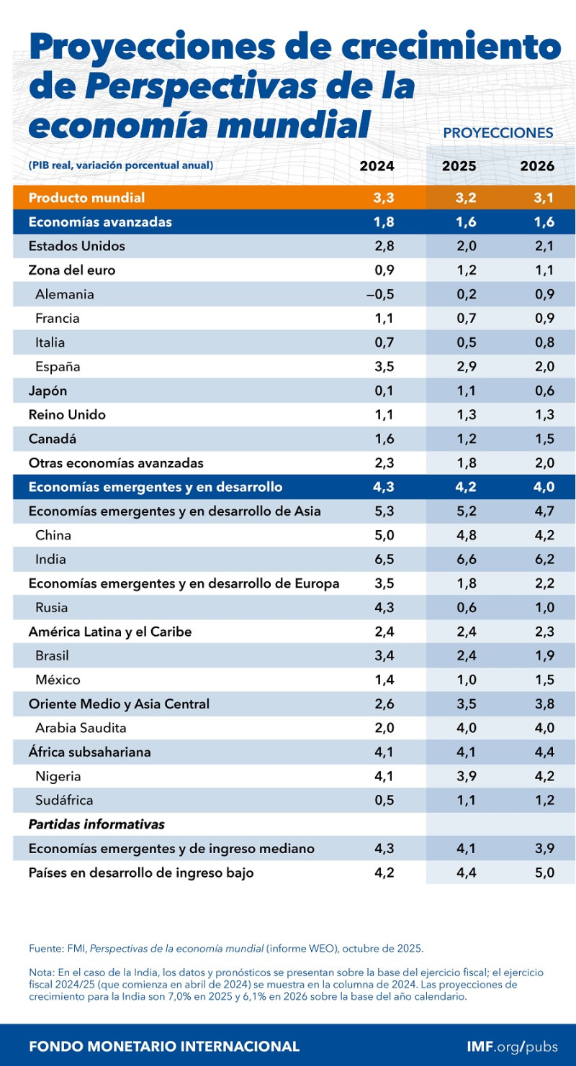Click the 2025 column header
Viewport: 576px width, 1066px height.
(459, 165)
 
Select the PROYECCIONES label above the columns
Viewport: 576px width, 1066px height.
(498, 133)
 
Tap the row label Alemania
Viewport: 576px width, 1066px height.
(65, 294)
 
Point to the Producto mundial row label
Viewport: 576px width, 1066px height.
(86, 198)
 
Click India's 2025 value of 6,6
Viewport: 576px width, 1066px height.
(466, 560)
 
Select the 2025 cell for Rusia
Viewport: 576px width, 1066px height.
(466, 608)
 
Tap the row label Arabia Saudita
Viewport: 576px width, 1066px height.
(81, 728)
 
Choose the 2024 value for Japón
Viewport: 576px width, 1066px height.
(384, 391)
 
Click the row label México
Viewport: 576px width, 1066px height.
(58, 680)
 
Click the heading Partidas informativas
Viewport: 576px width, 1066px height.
(96, 824)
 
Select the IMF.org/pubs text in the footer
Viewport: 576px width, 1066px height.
(511, 1047)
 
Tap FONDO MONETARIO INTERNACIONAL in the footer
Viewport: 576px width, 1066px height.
(164, 1047)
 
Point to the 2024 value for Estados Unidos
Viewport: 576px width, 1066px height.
(384, 246)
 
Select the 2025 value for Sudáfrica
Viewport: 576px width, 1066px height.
(466, 801)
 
